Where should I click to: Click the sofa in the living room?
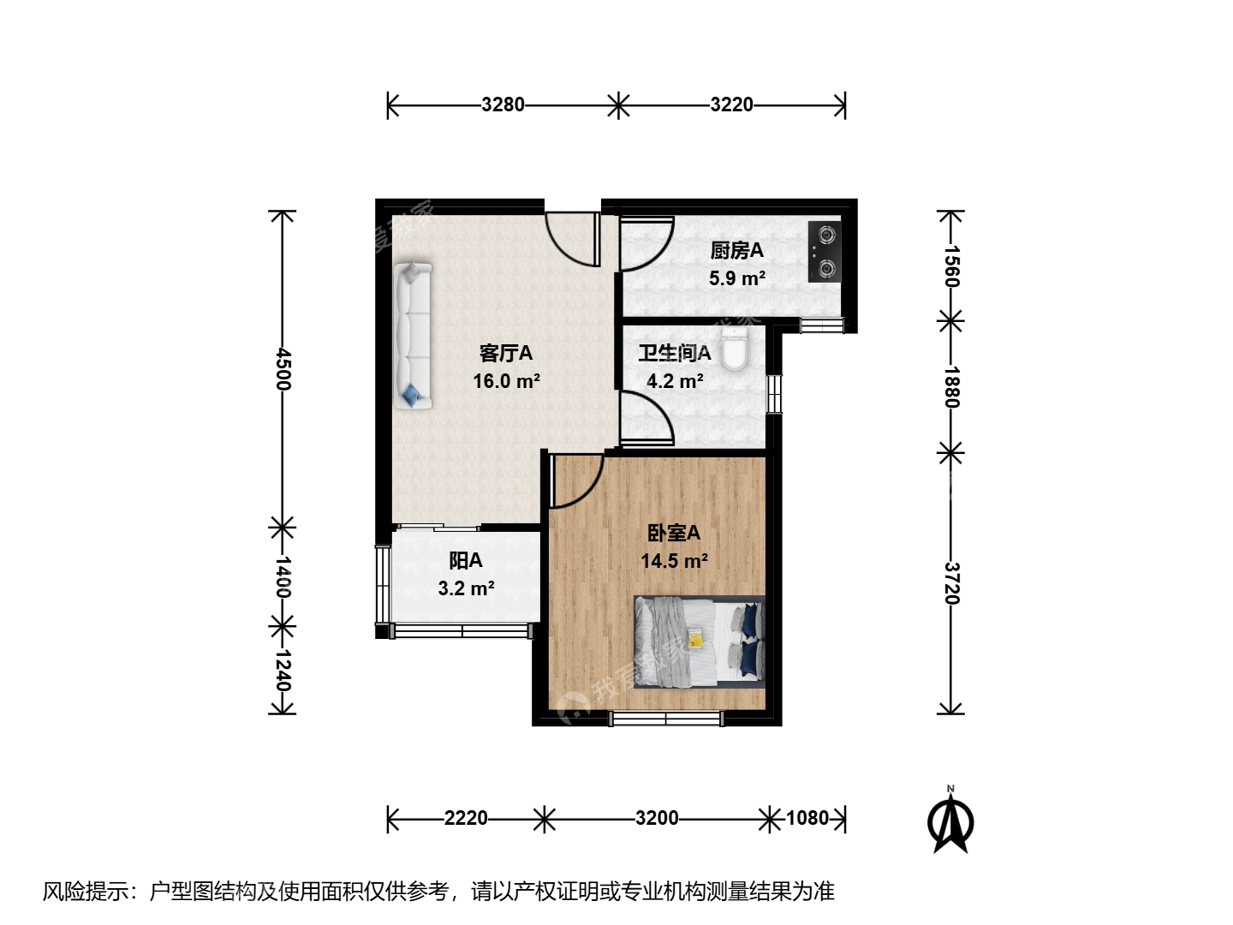[413, 335]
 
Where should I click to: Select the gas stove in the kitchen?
[825, 252]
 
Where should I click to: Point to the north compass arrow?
[950, 821]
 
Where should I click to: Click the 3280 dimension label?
[503, 105]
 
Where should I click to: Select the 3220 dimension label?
[731, 105]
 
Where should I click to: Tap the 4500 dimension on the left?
[283, 369]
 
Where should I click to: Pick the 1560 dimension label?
[951, 266]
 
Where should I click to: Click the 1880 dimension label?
[951, 387]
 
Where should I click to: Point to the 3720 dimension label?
[951, 583]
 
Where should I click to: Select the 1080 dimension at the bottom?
[807, 818]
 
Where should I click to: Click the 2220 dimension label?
[466, 818]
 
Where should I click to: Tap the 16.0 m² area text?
[507, 381]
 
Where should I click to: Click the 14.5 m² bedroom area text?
[674, 561]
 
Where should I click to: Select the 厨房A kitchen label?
[736, 250]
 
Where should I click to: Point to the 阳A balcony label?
[466, 560]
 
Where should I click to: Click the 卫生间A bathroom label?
[675, 353]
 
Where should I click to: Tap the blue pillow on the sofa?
[410, 394]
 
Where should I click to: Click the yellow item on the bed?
[695, 637]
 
